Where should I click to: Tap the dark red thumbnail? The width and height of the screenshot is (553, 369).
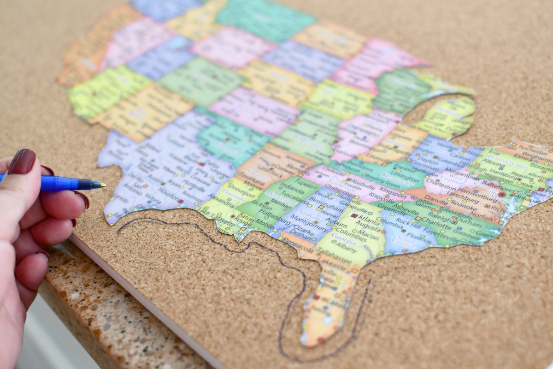(22, 161)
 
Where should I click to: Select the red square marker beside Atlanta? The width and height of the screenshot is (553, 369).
(354, 215)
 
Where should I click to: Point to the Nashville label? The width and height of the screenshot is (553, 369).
(364, 183)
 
